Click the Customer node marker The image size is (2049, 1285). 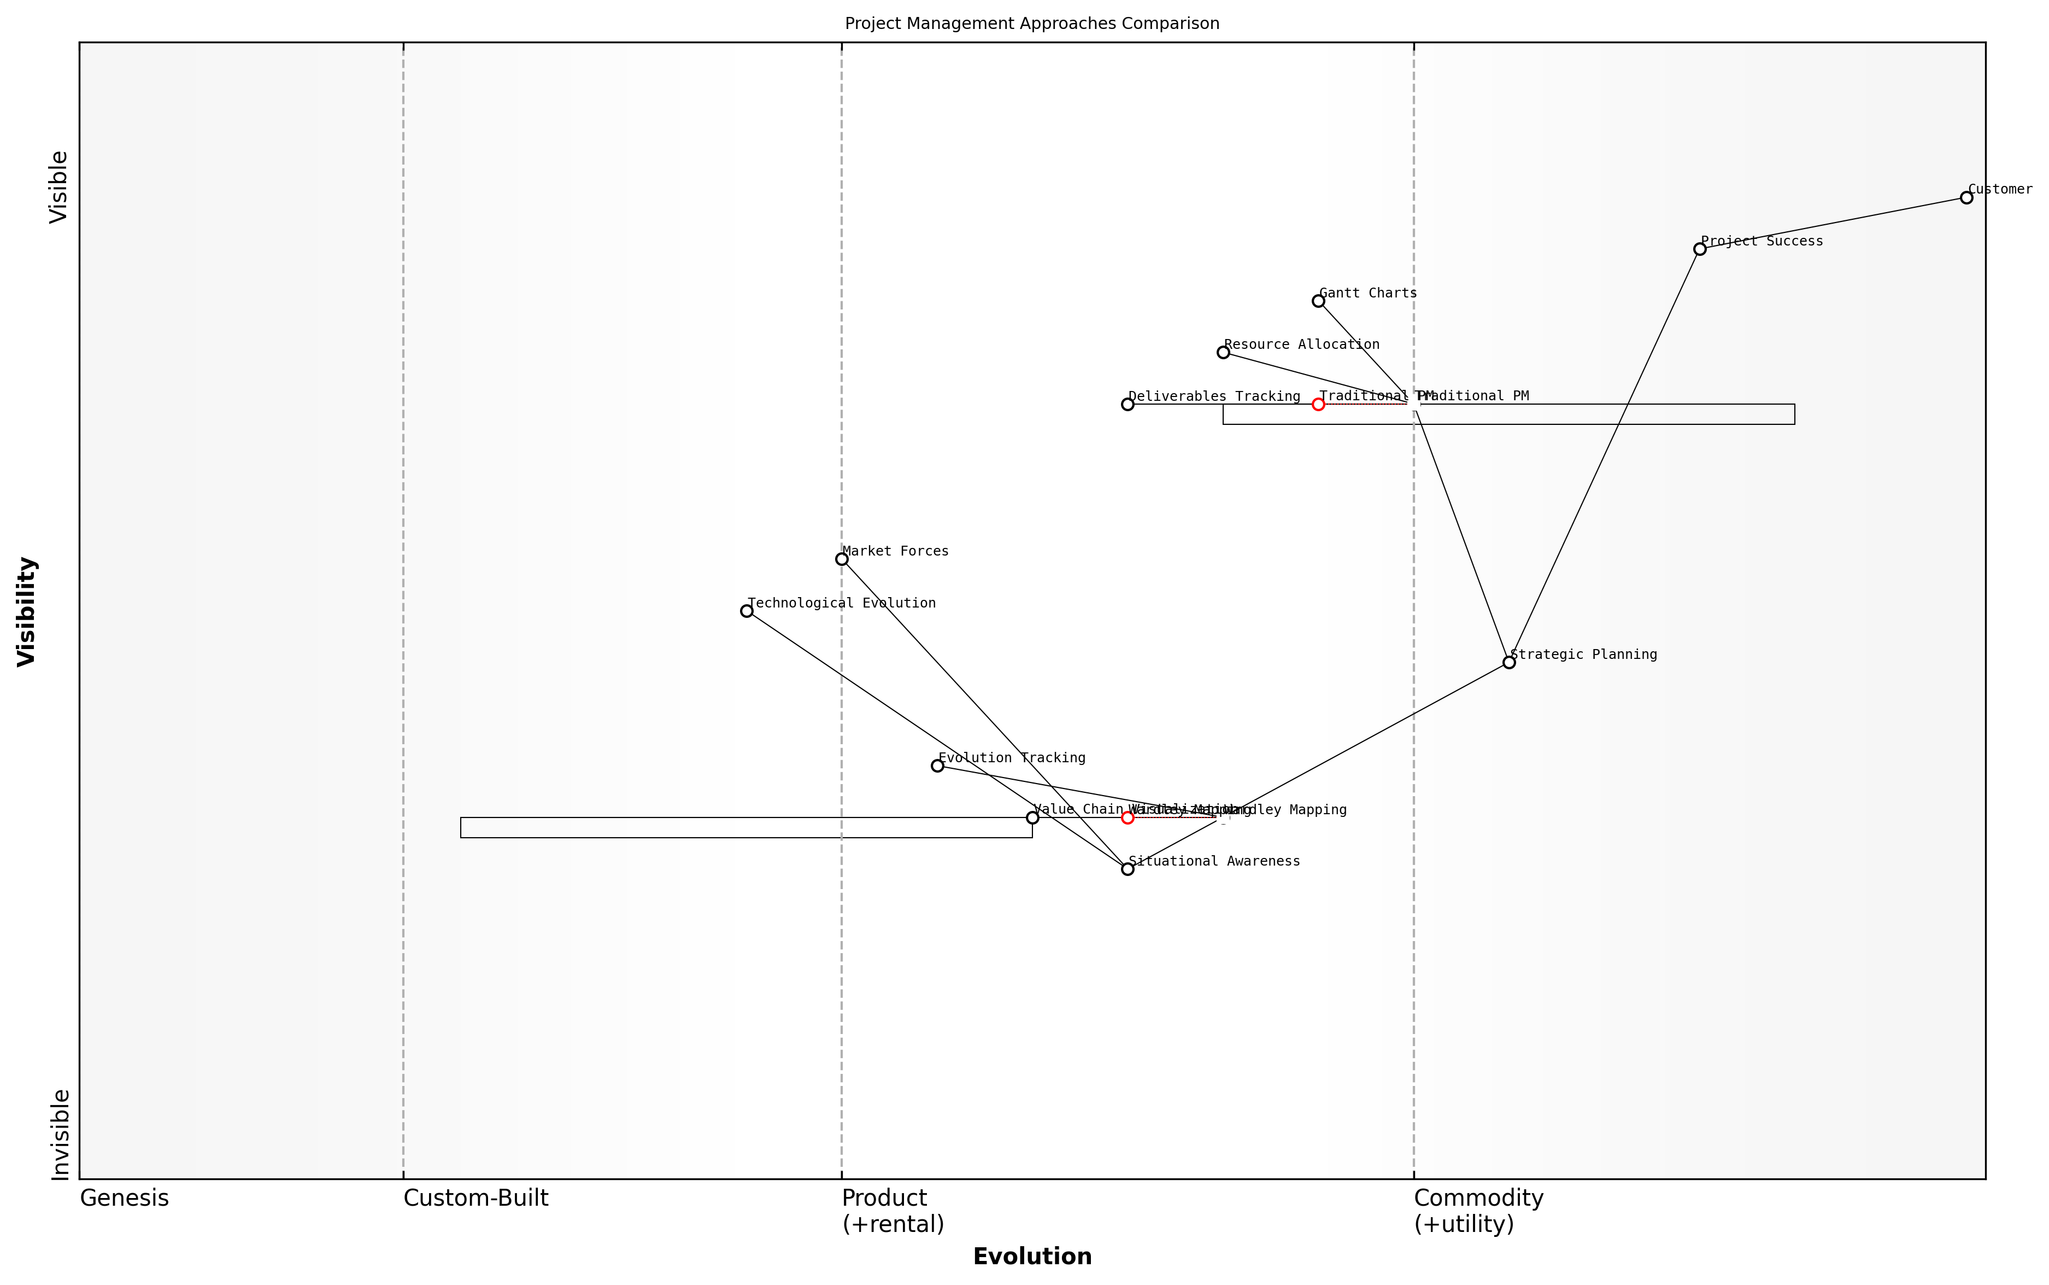point(1966,197)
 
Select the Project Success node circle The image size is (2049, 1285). point(1700,249)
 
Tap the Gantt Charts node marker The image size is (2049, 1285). point(1318,301)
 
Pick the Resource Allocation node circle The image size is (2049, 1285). point(1223,352)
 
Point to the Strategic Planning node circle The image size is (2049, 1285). point(1508,662)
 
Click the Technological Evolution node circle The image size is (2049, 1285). point(747,610)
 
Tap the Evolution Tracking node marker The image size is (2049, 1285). point(937,766)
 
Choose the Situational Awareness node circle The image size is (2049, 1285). point(1128,868)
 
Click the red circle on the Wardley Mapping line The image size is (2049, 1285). point(1128,817)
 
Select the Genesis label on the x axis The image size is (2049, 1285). point(124,1198)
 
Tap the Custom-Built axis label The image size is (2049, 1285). point(475,1198)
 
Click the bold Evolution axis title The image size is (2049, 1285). point(1031,1257)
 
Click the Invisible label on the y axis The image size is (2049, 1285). point(60,1135)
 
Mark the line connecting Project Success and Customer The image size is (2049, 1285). point(1833,223)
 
